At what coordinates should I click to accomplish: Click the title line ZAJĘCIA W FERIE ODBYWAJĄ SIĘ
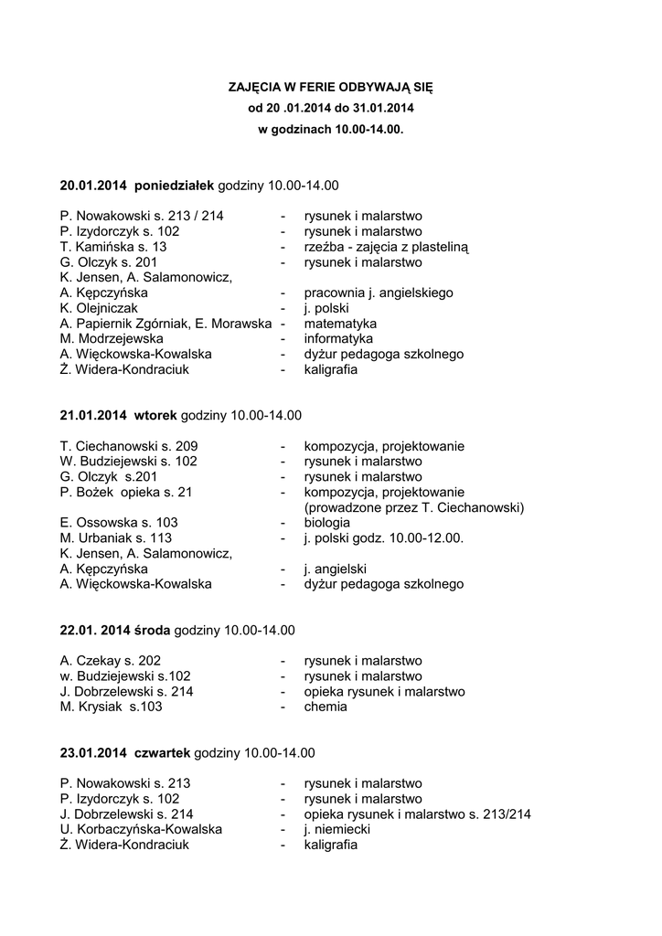[x=330, y=88]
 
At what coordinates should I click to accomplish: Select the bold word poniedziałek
[x=174, y=186]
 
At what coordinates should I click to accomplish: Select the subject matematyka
[x=340, y=324]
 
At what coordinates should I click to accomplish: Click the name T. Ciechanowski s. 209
[x=129, y=446]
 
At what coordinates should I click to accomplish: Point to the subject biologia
[x=327, y=523]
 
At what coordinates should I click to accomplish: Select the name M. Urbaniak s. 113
[x=116, y=538]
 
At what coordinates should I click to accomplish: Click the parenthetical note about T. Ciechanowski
[x=413, y=507]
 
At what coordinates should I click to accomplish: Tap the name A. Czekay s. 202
[x=111, y=661]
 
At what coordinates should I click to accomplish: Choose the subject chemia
[x=326, y=707]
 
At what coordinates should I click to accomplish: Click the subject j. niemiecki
[x=337, y=829]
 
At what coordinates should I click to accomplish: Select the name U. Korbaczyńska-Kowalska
[x=141, y=829]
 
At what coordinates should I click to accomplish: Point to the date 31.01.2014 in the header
[x=382, y=109]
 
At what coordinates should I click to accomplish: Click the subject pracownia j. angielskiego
[x=379, y=292]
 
